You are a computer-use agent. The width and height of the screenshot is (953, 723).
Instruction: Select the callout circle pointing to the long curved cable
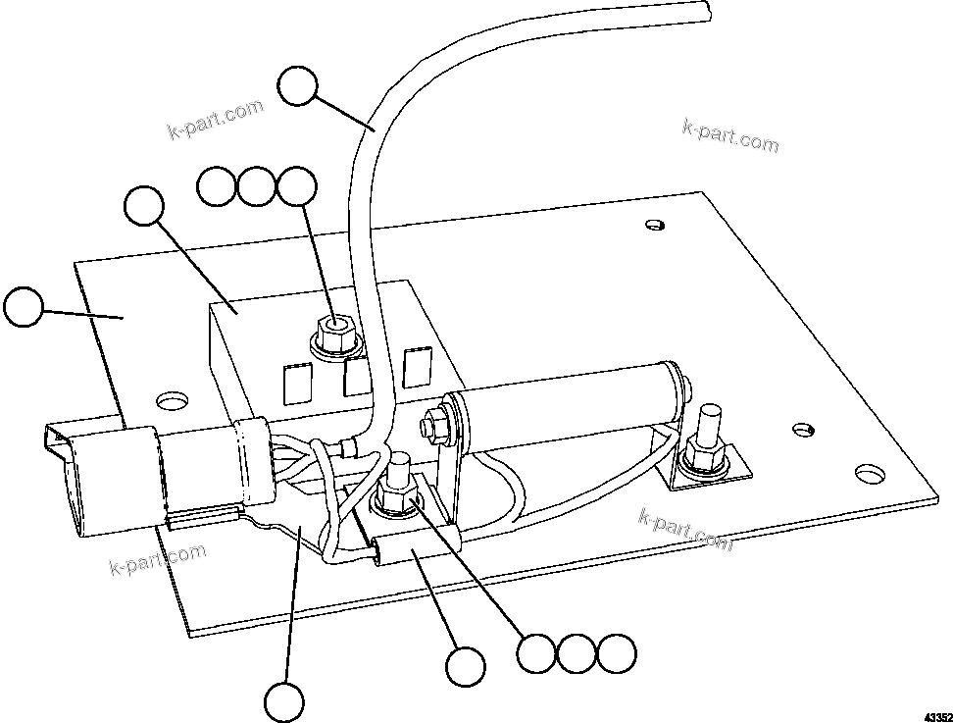coord(297,86)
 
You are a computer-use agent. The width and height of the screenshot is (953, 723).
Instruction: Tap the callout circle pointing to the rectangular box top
coord(145,208)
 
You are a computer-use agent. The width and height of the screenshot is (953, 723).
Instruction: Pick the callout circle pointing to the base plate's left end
coord(24,307)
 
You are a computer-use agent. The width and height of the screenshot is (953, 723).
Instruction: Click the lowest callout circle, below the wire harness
coord(283,702)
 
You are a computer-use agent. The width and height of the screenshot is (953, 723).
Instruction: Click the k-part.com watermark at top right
coord(729,135)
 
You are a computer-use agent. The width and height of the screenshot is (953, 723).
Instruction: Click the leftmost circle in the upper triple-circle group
coord(216,186)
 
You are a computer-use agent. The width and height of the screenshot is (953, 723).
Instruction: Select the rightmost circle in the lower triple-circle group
coord(617,653)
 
